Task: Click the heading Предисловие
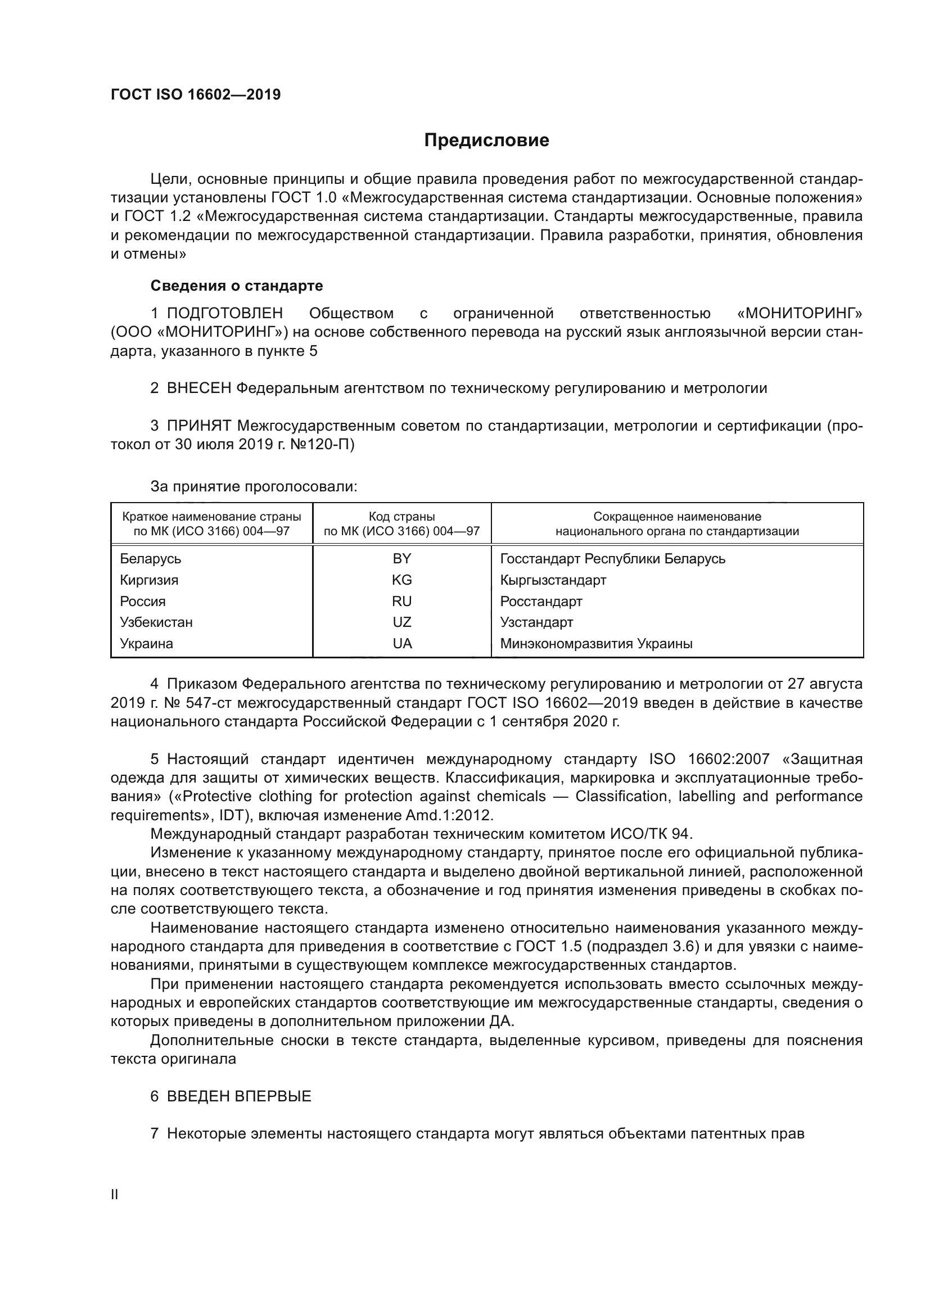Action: (486, 141)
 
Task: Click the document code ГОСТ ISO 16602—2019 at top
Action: (195, 94)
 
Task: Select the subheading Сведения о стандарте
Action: (237, 285)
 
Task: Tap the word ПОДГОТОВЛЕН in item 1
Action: (224, 313)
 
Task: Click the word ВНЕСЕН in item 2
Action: (198, 388)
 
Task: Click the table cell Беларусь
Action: (150, 558)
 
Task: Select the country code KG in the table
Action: (401, 580)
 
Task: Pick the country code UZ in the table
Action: (401, 622)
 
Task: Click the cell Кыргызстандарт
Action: (553, 580)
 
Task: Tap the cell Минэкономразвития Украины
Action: (596, 643)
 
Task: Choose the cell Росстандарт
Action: (540, 602)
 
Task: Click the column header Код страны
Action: (401, 517)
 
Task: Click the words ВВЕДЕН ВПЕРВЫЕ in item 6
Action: (239, 1096)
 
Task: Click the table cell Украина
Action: (146, 643)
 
